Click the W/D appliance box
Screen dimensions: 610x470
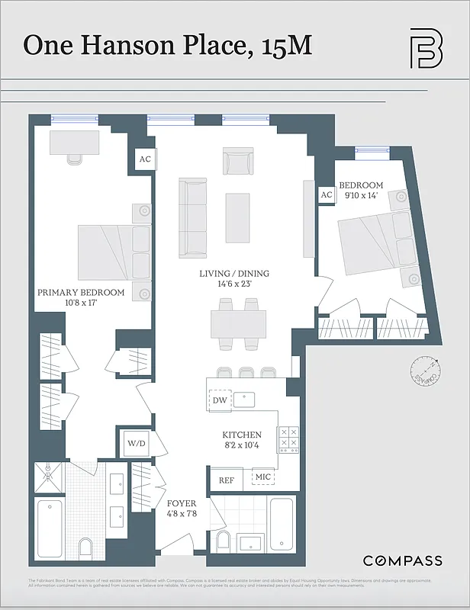[x=137, y=443]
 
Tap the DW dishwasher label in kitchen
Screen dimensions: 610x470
[x=219, y=400]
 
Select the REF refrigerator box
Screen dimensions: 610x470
[x=226, y=480]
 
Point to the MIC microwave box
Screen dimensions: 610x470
[x=263, y=477]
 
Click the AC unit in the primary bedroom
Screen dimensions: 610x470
[x=144, y=159]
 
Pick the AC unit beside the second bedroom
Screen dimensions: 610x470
[x=327, y=195]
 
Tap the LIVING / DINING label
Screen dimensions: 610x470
[x=234, y=274]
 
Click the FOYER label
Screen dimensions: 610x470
[x=182, y=504]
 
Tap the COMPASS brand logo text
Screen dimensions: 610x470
[x=402, y=561]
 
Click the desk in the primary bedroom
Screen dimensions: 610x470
[x=75, y=143]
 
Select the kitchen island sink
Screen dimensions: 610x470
[x=245, y=397]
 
